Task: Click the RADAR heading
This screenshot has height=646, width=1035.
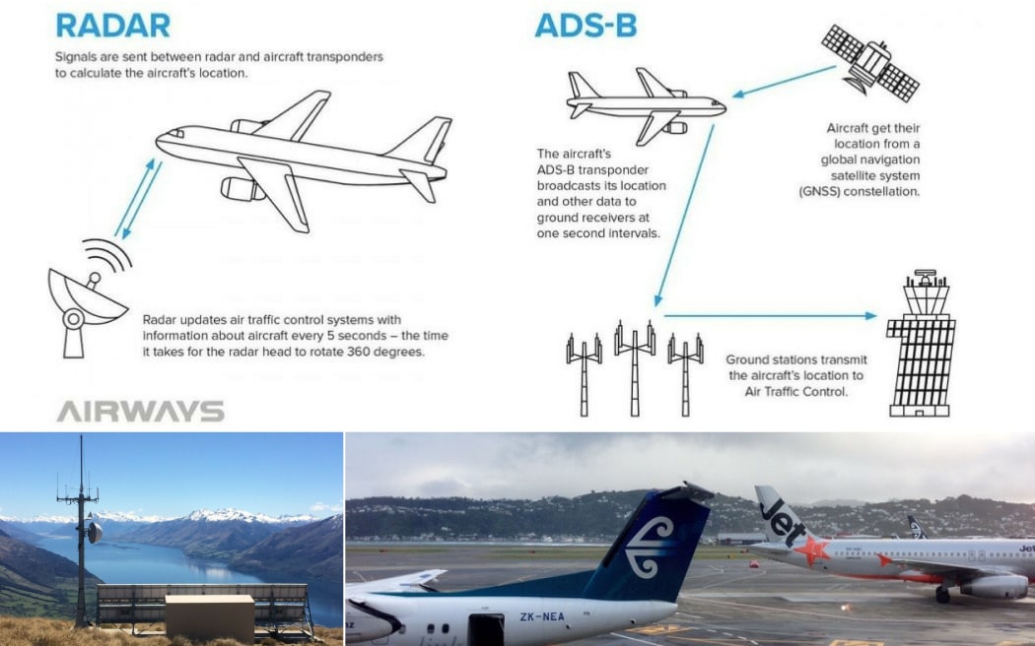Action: tap(113, 26)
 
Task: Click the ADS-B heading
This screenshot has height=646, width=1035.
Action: tap(586, 26)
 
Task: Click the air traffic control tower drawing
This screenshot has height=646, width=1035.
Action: tap(922, 343)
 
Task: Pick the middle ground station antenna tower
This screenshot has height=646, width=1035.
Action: tap(635, 368)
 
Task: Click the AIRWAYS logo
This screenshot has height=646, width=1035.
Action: tap(141, 412)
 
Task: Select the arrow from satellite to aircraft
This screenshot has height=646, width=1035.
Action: tap(785, 82)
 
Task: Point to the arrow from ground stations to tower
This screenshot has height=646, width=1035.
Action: tap(770, 316)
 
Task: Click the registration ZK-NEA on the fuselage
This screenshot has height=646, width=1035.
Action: tap(542, 617)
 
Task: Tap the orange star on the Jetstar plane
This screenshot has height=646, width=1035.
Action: tap(811, 549)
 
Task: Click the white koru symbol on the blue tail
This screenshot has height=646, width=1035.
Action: tap(650, 548)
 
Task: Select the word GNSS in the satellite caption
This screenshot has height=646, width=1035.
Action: tap(818, 192)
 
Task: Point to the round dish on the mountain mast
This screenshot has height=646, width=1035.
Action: tap(95, 533)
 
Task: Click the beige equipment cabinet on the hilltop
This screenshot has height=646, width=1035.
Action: tap(209, 617)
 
